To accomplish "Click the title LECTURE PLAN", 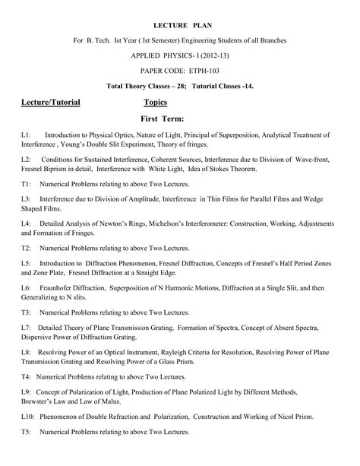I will click(179, 25).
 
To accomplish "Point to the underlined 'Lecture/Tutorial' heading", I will click(50, 102).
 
